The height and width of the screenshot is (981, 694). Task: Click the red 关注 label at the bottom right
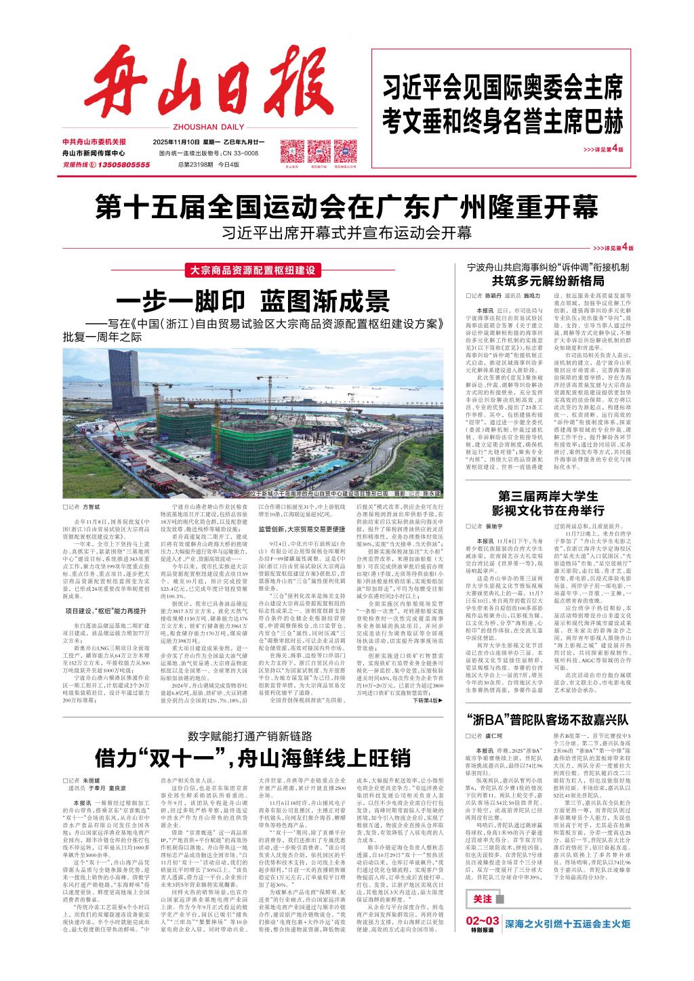tap(482, 898)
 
